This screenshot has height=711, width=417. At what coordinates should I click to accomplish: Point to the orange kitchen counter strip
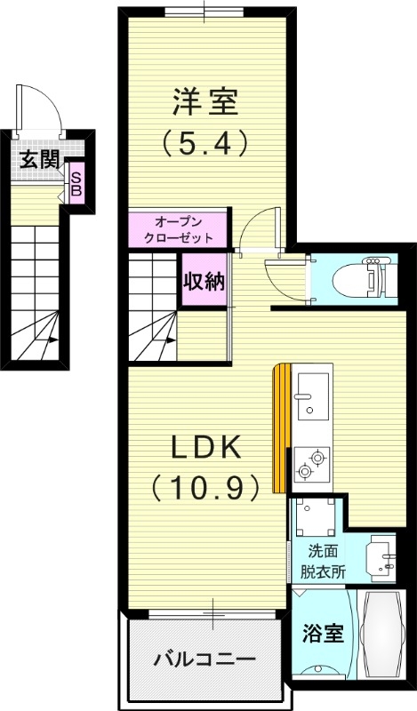(x=281, y=427)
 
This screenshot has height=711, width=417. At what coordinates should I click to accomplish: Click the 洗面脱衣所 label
(x=324, y=561)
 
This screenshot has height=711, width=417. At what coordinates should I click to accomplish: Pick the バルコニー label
(x=204, y=660)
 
